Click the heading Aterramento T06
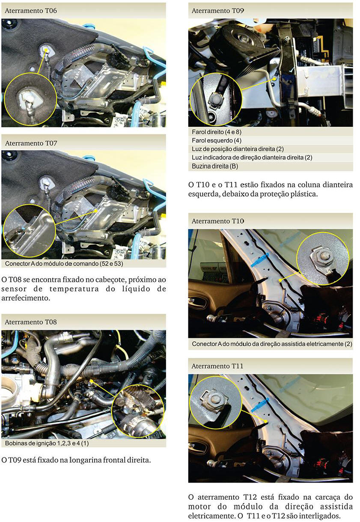[31, 11]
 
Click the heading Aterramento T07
[31, 143]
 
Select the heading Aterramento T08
[31, 322]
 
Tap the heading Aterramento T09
[217, 11]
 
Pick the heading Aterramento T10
[217, 221]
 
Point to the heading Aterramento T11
[217, 366]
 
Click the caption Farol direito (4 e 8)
[217, 132]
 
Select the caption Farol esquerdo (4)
[217, 140]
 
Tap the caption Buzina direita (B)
[215, 166]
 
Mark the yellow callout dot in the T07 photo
[96, 211]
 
